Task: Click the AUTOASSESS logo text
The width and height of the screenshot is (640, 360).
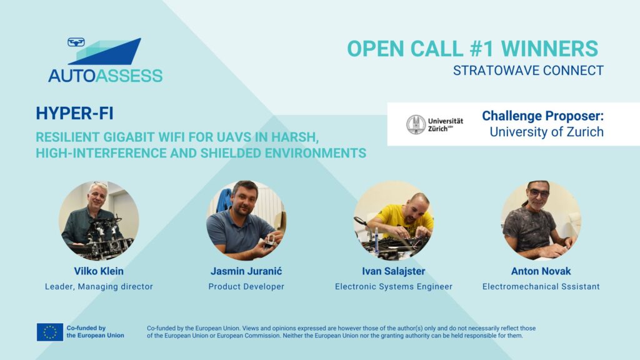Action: [105, 76]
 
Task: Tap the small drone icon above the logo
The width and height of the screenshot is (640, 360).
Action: [76, 42]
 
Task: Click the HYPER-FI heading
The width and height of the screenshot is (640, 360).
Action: [75, 113]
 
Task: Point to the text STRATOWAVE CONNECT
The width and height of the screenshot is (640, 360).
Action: [528, 71]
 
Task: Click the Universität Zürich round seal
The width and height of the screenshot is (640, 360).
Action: [416, 124]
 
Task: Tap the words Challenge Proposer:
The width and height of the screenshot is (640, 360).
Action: [542, 116]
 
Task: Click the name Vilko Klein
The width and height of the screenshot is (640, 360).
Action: [99, 271]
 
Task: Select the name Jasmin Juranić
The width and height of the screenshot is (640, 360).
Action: [246, 271]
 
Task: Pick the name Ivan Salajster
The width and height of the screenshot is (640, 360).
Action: [394, 271]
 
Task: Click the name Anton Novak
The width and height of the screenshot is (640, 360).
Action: [541, 271]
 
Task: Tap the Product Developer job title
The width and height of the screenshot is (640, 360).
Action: [246, 286]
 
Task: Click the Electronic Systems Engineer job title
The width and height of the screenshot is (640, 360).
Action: [394, 286]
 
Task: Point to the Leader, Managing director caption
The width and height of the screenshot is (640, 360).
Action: [99, 286]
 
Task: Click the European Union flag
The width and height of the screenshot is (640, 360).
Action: [50, 332]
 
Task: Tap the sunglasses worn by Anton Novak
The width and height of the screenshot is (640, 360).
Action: [539, 193]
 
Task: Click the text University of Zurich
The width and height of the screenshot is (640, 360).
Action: [546, 132]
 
